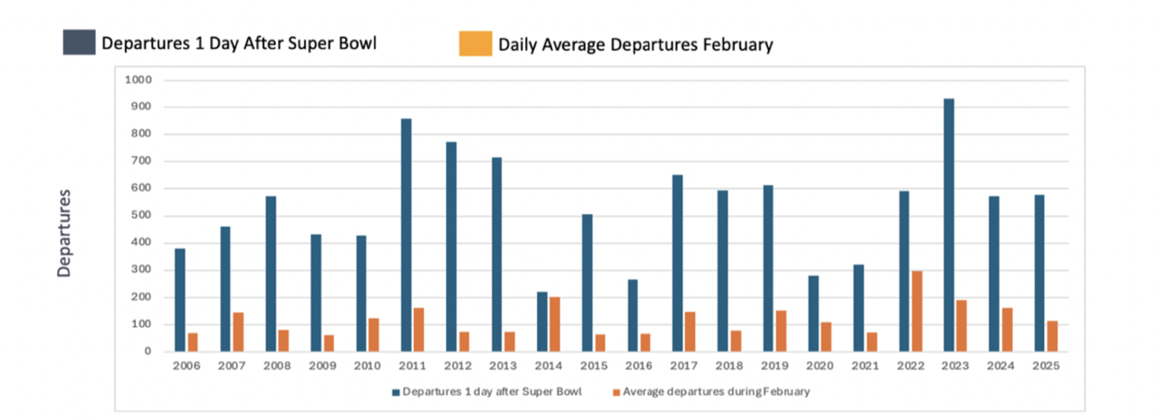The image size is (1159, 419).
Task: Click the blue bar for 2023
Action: point(948,225)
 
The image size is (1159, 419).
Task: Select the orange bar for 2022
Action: point(917,311)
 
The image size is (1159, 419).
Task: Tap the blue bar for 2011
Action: point(406,235)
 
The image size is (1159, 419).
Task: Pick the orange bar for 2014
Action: point(555,324)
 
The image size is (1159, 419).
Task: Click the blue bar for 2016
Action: point(632,316)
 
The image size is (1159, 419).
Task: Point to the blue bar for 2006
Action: point(180,300)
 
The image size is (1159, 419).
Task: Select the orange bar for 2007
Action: point(238,332)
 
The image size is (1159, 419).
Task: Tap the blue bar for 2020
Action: point(813,314)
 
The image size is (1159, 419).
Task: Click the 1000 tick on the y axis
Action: point(138,79)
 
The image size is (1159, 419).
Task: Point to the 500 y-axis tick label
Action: point(141,215)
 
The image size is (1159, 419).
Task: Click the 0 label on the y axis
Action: point(148,351)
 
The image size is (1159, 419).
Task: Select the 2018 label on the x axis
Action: point(729,366)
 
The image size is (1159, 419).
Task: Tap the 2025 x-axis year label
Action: point(1046,366)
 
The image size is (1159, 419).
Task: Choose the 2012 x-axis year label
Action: point(457,366)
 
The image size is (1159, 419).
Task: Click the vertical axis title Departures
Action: point(64,233)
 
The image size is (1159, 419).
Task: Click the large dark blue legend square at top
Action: point(79,42)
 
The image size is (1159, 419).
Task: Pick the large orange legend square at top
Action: point(476,44)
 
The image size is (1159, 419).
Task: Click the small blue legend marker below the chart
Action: point(396,392)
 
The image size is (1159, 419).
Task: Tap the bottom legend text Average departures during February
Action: point(716,391)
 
